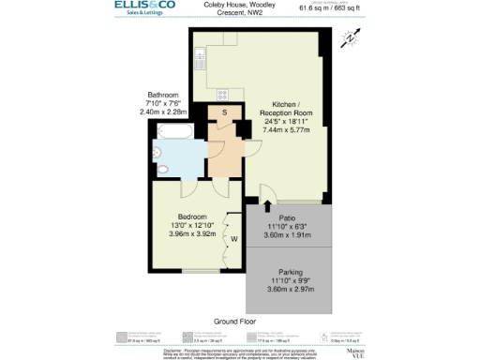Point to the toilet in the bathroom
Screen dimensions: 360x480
point(160,170)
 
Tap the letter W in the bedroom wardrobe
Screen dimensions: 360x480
point(233,238)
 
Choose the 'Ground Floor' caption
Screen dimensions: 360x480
point(235,320)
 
